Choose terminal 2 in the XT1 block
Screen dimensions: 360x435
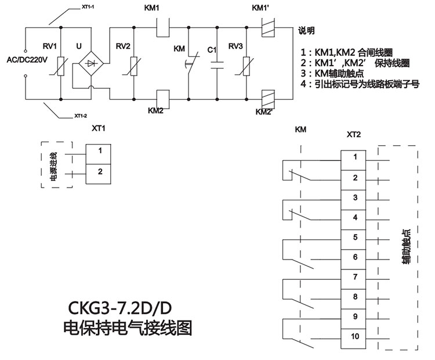(100, 171)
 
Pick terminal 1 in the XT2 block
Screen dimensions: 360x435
(356, 157)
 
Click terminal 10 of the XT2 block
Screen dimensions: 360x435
(356, 336)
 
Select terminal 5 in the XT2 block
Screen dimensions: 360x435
(356, 237)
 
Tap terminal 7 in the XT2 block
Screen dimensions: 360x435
(356, 277)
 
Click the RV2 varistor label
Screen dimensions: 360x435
(123, 46)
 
